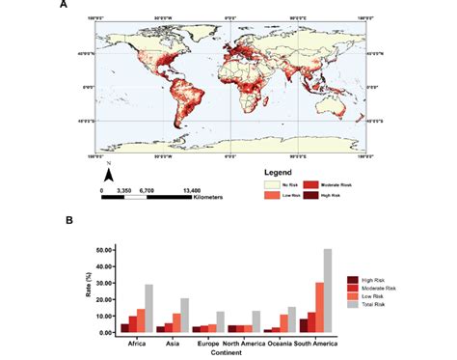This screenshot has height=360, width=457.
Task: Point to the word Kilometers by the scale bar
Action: pos(205,197)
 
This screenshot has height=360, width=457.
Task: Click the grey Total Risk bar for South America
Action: pos(327,291)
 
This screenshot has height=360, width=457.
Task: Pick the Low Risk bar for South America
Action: pos(318,308)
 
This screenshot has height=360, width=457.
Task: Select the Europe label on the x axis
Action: pos(211,341)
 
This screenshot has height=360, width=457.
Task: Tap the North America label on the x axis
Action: pos(249,341)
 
